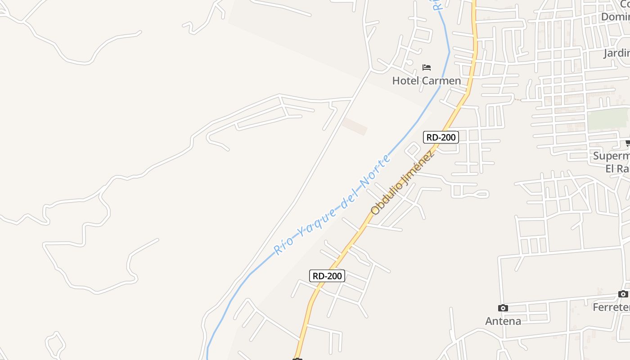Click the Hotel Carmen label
pyautogui.click(x=426, y=81)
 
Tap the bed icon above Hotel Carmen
pyautogui.click(x=427, y=67)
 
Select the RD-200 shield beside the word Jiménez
pyautogui.click(x=441, y=137)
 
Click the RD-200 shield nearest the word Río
pyautogui.click(x=327, y=276)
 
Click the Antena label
pyautogui.click(x=503, y=321)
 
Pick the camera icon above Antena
pyautogui.click(x=503, y=308)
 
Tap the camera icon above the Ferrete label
pyautogui.click(x=623, y=294)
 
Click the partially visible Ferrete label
pyautogui.click(x=611, y=307)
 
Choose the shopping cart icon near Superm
pyautogui.click(x=627, y=144)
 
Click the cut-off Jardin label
pyautogui.click(x=616, y=54)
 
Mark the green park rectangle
pyautogui.click(x=608, y=119)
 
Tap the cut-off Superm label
pyautogui.click(x=611, y=156)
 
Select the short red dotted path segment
pyautogui.click(x=518, y=99)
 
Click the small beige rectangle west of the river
pyautogui.click(x=355, y=126)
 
